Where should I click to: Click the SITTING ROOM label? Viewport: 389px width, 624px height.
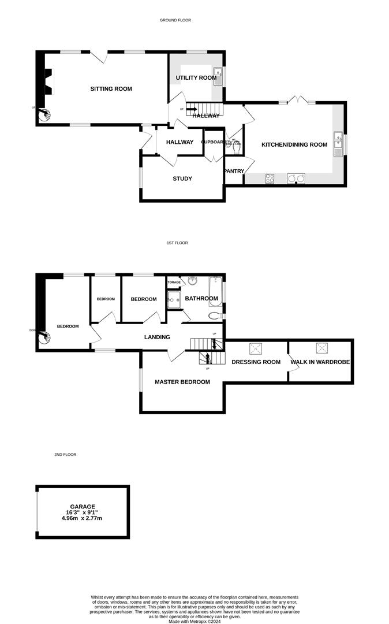point(111,89)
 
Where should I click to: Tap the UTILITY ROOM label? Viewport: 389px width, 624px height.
point(196,77)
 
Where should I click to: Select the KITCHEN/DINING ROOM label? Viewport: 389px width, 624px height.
point(294,144)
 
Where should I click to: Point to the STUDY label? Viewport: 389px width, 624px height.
point(182,179)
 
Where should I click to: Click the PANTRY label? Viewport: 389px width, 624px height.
point(234,171)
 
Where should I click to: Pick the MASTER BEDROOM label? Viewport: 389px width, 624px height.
point(182,382)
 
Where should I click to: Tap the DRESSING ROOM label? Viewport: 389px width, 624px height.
point(256,362)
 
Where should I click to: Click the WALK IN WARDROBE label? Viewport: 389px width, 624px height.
point(320,362)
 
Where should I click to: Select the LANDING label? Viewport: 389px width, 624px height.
point(157,337)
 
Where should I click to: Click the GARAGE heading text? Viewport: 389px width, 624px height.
point(83,507)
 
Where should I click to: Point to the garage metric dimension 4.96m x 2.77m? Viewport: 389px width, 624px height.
point(83,518)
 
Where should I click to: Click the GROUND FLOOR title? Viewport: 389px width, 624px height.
point(175,20)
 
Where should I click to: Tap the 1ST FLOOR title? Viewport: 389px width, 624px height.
point(177,243)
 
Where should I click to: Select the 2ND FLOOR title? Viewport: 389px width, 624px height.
point(65,455)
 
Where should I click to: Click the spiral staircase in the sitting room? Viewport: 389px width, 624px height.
point(45,116)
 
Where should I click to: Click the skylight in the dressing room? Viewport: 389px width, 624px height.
point(255,348)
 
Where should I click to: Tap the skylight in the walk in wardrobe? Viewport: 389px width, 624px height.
point(320,348)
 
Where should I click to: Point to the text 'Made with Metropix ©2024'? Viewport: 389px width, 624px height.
point(194,621)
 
